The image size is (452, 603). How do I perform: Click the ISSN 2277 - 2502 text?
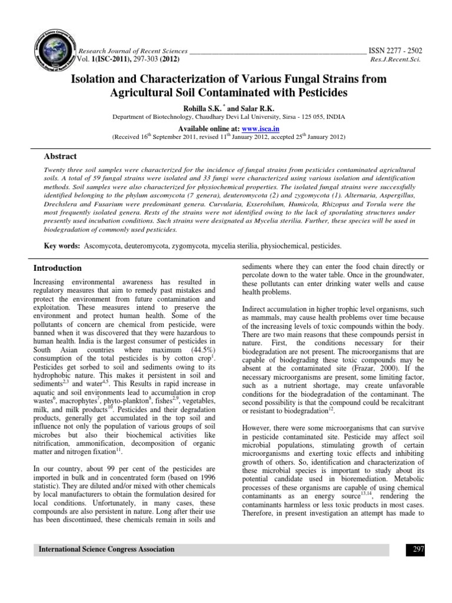[x=395, y=51]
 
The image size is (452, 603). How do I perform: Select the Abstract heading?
[x=61, y=157]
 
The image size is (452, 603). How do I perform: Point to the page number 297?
[x=416, y=549]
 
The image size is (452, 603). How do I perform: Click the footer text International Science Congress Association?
[x=107, y=549]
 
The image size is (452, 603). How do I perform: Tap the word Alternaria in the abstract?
[x=348, y=193]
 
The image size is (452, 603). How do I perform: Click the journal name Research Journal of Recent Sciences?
[x=133, y=51]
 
